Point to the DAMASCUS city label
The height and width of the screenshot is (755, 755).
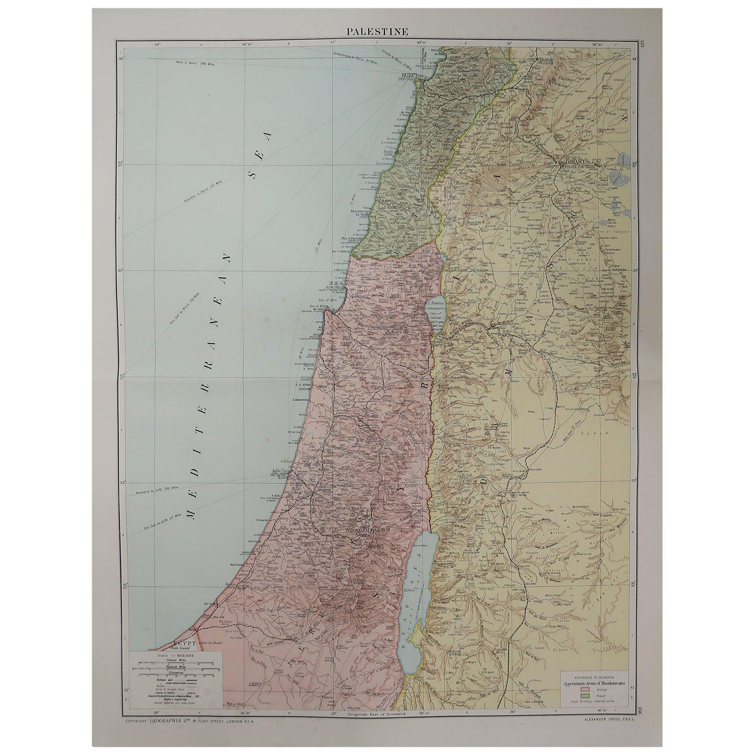click(x=574, y=162)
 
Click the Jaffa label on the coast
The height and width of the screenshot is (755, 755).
click(x=278, y=471)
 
